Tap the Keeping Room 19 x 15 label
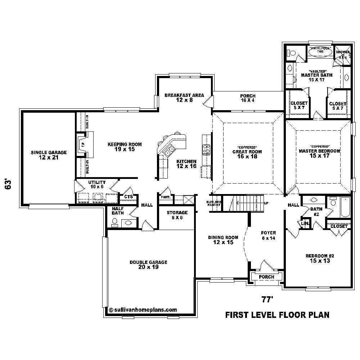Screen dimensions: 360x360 125,147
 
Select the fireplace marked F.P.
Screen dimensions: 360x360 82,145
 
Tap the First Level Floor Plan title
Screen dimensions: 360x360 277,315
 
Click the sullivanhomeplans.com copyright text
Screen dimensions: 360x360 143,309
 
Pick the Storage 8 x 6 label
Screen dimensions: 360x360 177,215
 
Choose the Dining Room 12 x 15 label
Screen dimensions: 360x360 223,240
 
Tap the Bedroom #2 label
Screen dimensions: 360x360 320,258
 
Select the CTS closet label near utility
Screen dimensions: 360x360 129,197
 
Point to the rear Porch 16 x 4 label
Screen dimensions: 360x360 248,98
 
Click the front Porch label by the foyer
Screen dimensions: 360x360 266,277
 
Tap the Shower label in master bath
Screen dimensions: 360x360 342,53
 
